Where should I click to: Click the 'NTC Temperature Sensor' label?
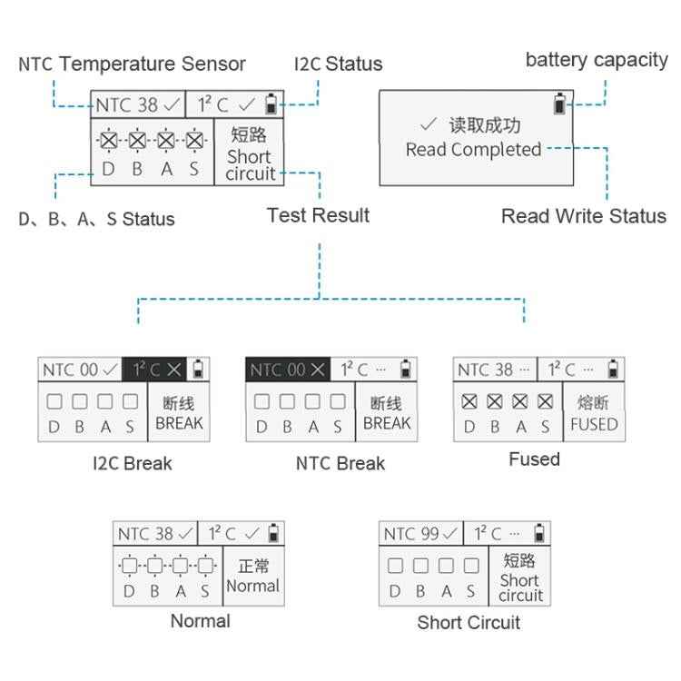pyautogui.click(x=132, y=64)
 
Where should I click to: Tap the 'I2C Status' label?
pyautogui.click(x=338, y=64)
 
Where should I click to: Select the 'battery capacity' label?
pyautogui.click(x=596, y=60)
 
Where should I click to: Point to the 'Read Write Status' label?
pyautogui.click(x=583, y=216)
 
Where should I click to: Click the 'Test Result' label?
pyautogui.click(x=318, y=215)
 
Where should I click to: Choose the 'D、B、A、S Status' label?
pyautogui.click(x=96, y=219)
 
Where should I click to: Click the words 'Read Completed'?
pyautogui.click(x=473, y=150)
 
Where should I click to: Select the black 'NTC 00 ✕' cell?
pyautogui.click(x=287, y=370)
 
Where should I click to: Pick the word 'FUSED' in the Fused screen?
pyautogui.click(x=594, y=424)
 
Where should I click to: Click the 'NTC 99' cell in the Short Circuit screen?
pyautogui.click(x=421, y=534)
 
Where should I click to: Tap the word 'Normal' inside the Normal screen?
pyautogui.click(x=252, y=586)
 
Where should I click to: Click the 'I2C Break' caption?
pyautogui.click(x=132, y=463)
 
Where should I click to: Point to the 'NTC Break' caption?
pyautogui.click(x=340, y=463)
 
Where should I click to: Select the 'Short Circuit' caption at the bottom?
pyautogui.click(x=469, y=623)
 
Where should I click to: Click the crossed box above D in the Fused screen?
pyautogui.click(x=469, y=401)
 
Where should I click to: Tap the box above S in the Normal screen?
pyautogui.click(x=205, y=567)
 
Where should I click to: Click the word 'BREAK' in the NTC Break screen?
pyautogui.click(x=387, y=423)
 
